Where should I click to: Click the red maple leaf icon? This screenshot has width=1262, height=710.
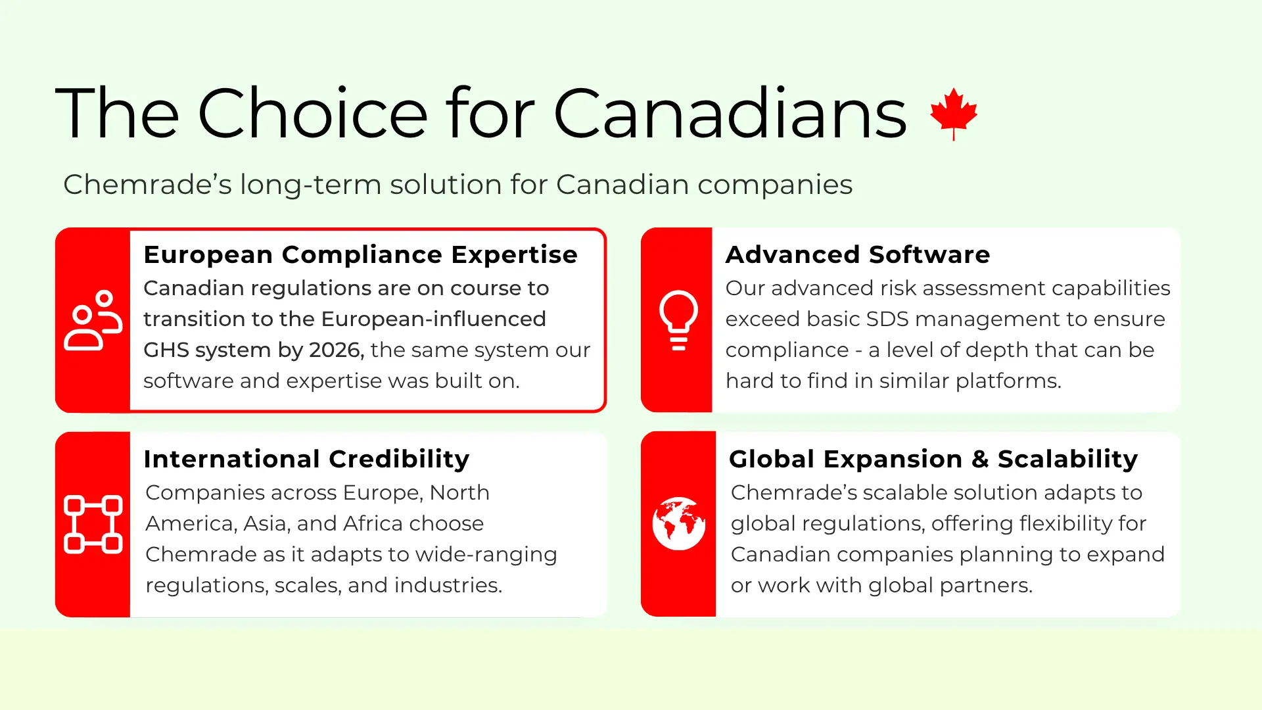[954, 114]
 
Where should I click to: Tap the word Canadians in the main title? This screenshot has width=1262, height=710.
[730, 114]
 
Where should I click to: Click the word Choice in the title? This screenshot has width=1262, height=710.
[313, 114]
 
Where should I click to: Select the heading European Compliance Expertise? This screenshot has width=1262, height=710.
[360, 254]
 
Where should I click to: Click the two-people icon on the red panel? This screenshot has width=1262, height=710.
[93, 320]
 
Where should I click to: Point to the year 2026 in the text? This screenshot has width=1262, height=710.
[336, 350]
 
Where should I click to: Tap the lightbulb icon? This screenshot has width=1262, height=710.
[678, 320]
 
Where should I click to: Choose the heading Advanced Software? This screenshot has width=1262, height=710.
[858, 254]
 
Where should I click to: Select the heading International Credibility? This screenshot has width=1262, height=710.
[306, 459]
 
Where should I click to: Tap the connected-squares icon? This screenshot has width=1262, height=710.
[93, 524]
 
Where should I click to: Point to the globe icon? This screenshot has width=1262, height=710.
[679, 524]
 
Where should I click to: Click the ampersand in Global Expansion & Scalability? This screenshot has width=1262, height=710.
[980, 459]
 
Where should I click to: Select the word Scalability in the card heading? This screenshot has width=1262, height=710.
[1067, 459]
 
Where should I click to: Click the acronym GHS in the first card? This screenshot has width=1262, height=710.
[164, 350]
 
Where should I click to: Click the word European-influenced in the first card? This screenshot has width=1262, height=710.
[433, 319]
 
